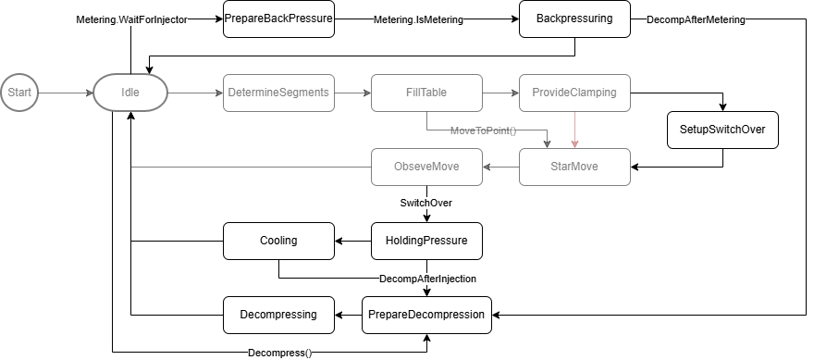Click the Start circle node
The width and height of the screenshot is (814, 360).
coord(19,93)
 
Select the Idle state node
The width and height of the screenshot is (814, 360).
coord(130,93)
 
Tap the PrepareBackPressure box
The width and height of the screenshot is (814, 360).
coord(278,19)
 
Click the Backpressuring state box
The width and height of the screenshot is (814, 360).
coord(574,19)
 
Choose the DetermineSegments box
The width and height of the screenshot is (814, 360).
coord(278,93)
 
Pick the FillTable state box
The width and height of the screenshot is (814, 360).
coord(426,93)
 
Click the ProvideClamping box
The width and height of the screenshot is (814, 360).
coord(574,93)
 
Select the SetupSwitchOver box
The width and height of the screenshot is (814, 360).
coord(722,130)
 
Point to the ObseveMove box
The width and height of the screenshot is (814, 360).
coord(426,167)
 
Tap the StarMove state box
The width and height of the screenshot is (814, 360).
coord(574,167)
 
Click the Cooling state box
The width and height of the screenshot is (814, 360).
coord(278,241)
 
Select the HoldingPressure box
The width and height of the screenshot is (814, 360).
coord(426,241)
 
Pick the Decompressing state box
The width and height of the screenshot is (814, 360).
coord(278,315)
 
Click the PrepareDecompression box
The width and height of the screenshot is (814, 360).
coord(426,315)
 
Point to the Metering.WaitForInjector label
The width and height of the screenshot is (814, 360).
coord(131,19)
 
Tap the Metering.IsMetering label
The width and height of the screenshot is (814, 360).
coord(418,19)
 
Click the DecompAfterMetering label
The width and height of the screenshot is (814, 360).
coord(696,19)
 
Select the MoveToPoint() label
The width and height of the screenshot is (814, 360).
coord(483,130)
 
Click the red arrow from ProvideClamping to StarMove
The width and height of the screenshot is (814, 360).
coord(574,130)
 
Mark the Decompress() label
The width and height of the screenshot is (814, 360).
coord(279,353)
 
